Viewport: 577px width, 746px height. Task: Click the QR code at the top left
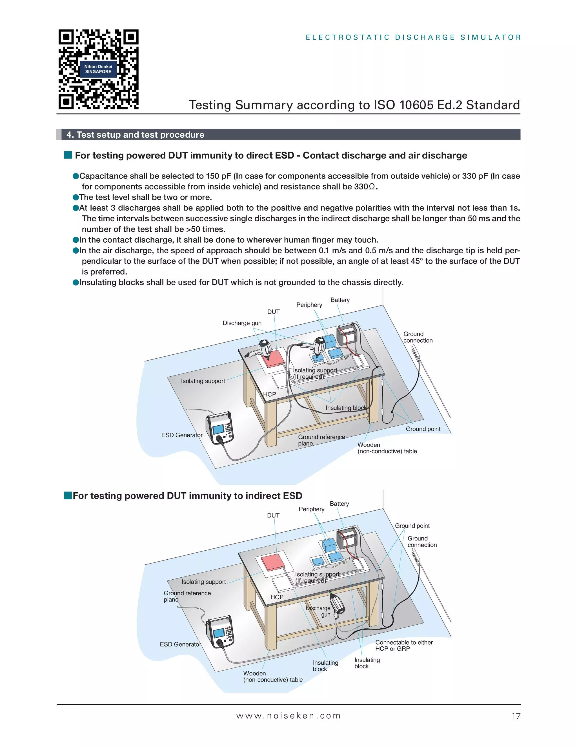pos(98,69)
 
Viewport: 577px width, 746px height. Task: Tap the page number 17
pos(516,716)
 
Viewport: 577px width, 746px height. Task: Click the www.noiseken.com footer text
pos(288,716)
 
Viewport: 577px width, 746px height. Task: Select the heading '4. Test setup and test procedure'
pos(135,135)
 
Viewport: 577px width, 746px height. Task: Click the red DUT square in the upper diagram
pos(272,358)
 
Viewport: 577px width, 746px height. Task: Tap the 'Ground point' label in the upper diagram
pos(423,429)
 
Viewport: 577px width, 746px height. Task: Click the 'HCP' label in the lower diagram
pos(277,597)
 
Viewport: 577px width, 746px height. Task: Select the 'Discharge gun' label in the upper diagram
pos(242,323)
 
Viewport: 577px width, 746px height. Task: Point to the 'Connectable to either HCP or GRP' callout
pos(404,645)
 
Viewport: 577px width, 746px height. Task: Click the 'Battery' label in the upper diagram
pos(340,300)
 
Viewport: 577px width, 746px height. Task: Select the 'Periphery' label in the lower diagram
pos(311,509)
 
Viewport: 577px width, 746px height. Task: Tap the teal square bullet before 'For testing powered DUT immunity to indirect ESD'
pos(68,495)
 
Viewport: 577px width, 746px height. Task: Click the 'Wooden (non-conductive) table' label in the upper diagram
pos(387,448)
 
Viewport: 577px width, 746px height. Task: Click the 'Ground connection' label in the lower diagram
pos(422,541)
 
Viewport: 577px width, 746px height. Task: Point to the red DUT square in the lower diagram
pos(272,562)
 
